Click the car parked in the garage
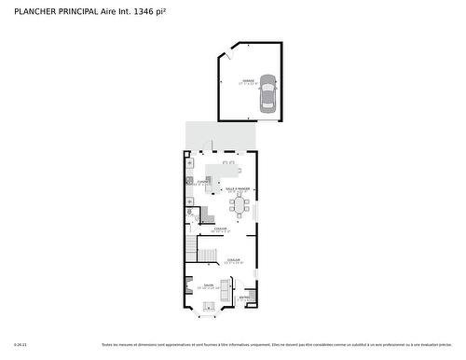[x=268, y=93]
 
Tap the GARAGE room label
[x=248, y=82]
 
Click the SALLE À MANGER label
[x=237, y=189]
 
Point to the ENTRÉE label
[x=246, y=298]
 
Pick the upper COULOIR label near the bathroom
[x=221, y=228]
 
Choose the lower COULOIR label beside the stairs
[x=233, y=260]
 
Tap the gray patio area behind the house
[x=220, y=136]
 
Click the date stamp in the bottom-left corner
[x=21, y=344]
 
